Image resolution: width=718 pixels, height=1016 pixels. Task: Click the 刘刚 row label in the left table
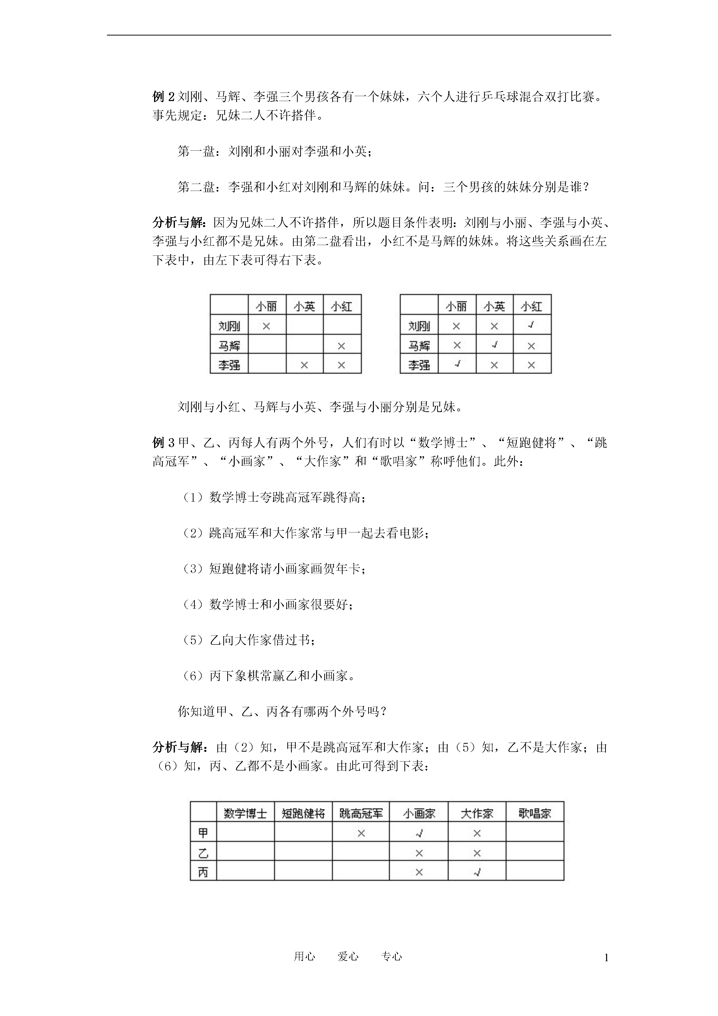[229, 326]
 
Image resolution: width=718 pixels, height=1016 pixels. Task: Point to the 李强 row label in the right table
[419, 365]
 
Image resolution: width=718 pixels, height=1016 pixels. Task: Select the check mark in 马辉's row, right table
[495, 345]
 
